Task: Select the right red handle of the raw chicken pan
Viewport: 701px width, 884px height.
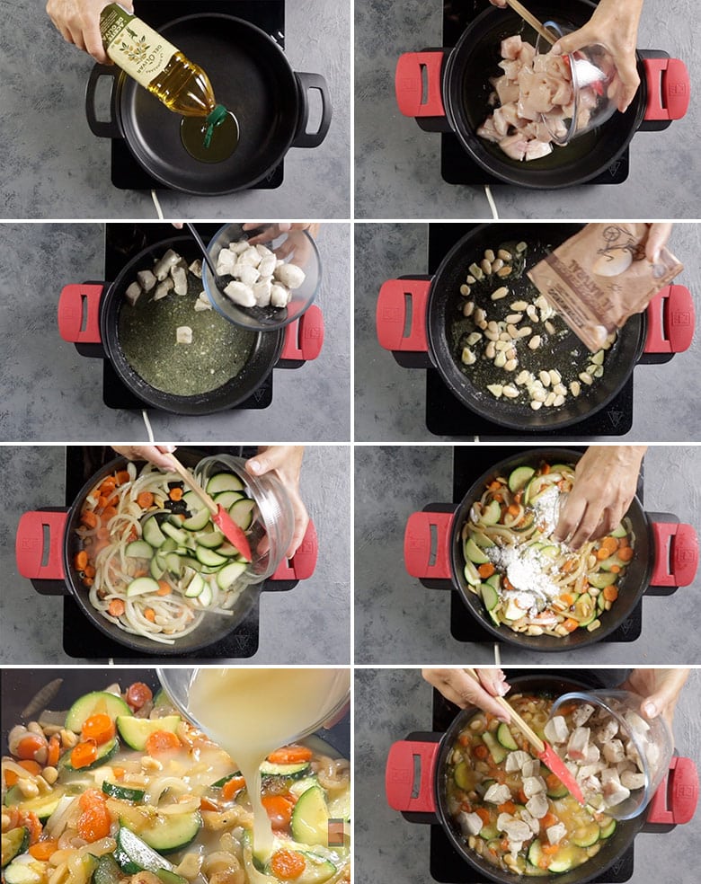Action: [x=666, y=86]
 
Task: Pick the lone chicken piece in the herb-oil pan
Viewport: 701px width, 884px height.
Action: [x=184, y=334]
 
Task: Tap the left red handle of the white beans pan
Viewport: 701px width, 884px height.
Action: [x=403, y=314]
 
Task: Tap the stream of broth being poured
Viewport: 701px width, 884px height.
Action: [x=261, y=791]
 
